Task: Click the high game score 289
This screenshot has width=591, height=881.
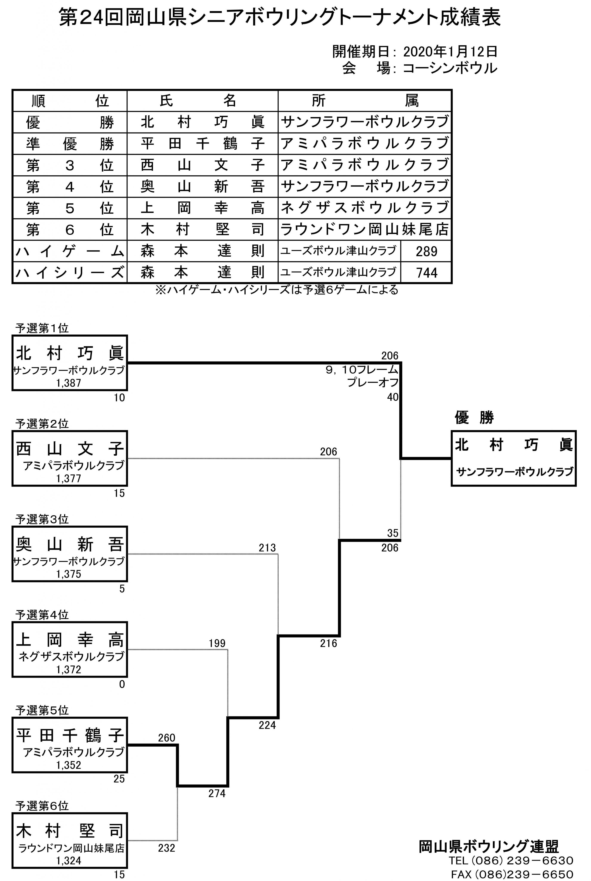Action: [426, 251]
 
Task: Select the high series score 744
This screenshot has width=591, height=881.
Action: [426, 273]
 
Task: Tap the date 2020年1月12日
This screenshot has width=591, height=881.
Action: [450, 52]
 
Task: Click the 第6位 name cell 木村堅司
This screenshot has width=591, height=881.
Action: [202, 229]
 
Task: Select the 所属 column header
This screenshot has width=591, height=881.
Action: [365, 101]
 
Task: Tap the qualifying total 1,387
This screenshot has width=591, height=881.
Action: [69, 383]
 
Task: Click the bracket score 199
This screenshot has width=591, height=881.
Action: [217, 643]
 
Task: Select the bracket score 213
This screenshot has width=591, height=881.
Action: [267, 547]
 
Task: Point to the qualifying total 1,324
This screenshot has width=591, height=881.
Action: [69, 861]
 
